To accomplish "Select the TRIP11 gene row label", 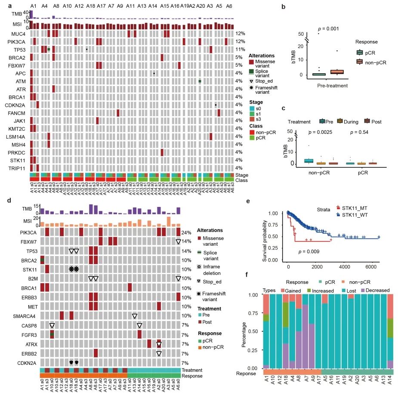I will pyautogui.click(x=19, y=168).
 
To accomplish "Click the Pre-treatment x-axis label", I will pyautogui.click(x=338, y=85).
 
